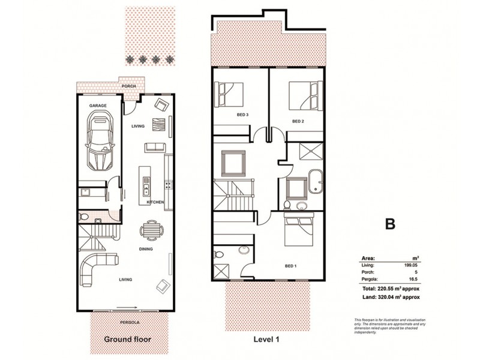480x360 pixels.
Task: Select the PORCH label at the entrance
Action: click(x=128, y=86)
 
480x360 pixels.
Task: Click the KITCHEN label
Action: click(x=155, y=202)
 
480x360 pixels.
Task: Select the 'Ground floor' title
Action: click(x=127, y=339)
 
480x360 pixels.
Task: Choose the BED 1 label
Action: click(x=290, y=265)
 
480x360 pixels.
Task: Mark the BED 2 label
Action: click(x=298, y=121)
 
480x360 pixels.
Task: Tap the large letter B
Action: click(x=390, y=224)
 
